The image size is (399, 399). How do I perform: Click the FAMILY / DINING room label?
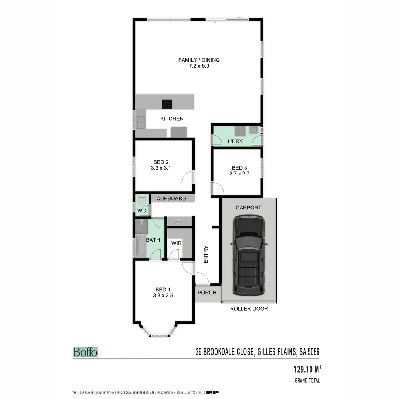click(199, 60)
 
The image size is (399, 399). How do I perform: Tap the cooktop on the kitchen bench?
click(167, 104)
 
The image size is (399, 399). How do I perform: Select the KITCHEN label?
click(171, 119)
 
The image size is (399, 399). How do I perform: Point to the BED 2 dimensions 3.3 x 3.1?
click(161, 168)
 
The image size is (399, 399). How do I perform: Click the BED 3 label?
click(237, 167)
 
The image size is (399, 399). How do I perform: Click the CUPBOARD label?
click(171, 198)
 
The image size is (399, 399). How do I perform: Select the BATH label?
click(153, 240)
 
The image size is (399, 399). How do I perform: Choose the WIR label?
click(176, 243)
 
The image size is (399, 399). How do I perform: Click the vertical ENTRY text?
click(206, 255)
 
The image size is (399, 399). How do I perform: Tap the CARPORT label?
click(248, 208)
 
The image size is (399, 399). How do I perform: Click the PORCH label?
click(207, 293)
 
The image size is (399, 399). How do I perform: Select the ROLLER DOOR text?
click(249, 308)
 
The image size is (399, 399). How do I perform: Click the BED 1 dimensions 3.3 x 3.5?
click(163, 296)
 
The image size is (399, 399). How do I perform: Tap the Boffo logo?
click(85, 352)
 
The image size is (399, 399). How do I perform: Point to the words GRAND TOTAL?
click(307, 381)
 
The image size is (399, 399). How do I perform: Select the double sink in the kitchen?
click(141, 122)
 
